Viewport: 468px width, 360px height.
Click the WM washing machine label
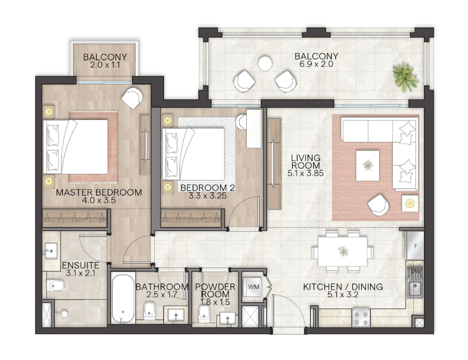254,287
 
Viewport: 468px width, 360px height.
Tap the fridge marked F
414,246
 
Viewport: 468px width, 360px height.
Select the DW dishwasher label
415,271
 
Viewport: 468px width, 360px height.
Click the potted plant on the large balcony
405,77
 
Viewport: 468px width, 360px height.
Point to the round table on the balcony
265,63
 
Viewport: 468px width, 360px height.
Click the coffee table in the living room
368,165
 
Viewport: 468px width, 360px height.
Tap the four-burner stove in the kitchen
361,318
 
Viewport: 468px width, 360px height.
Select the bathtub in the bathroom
123,298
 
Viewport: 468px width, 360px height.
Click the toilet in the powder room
204,313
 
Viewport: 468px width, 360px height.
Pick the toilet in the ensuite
55,285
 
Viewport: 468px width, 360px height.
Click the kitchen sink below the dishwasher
415,289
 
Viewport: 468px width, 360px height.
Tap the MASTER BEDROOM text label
99,192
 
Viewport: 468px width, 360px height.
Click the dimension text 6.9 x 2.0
316,64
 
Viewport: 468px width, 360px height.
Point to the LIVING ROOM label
306,162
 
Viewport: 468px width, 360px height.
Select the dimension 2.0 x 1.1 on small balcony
105,64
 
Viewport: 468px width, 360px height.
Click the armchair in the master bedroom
132,97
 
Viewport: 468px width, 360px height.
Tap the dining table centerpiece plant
343,251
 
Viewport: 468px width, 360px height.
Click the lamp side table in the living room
410,204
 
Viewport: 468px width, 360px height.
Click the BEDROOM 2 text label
208,188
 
